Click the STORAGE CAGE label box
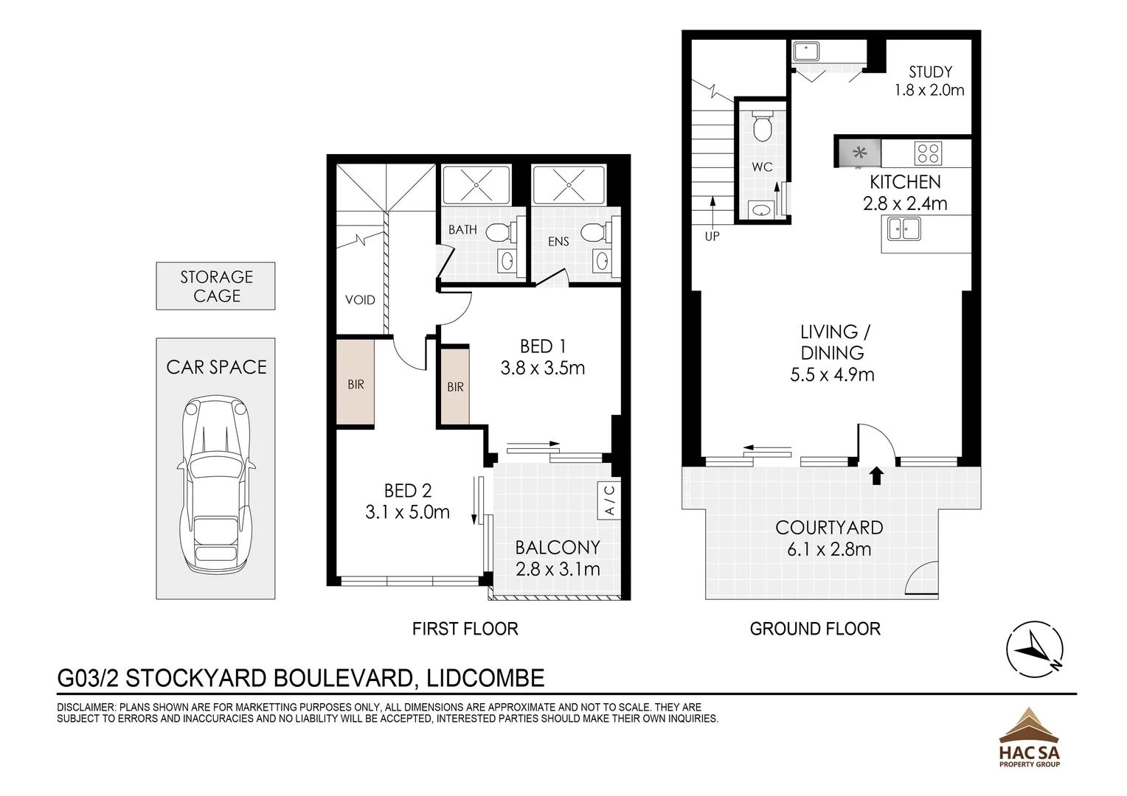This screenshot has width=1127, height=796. click(215, 286)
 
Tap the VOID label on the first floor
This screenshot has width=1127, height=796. click(360, 300)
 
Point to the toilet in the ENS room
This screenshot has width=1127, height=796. click(593, 234)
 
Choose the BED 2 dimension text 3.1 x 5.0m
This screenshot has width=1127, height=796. click(407, 512)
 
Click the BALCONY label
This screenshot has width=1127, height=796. click(557, 548)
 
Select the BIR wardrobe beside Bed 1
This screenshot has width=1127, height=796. click(455, 386)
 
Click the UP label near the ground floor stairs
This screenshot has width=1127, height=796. click(712, 237)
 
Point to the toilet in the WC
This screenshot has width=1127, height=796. click(762, 126)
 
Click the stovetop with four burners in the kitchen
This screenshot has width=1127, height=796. click(928, 153)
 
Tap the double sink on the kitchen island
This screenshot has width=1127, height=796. click(904, 228)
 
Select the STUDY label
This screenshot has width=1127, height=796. click(930, 72)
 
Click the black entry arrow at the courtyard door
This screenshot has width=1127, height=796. click(876, 475)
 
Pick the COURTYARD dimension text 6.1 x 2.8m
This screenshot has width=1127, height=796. click(829, 549)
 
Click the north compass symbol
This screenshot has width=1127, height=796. click(1035, 649)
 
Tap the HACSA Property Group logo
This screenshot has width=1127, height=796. click(1029, 737)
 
